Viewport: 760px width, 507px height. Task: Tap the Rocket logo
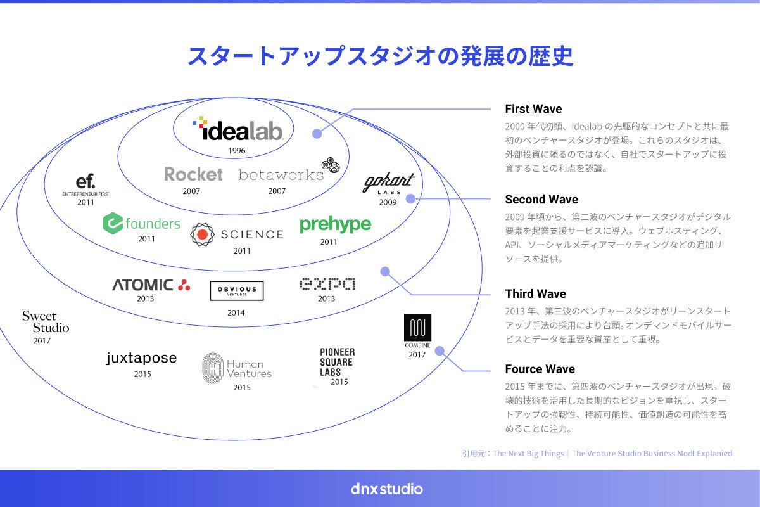pyautogui.click(x=193, y=174)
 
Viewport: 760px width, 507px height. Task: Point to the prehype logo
pyautogui.click(x=335, y=225)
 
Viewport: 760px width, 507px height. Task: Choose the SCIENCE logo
pyautogui.click(x=237, y=234)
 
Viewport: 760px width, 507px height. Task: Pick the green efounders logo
pyautogui.click(x=141, y=223)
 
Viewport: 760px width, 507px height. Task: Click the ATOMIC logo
pyautogui.click(x=151, y=285)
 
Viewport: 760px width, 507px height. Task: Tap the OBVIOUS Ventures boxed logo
pyautogui.click(x=237, y=291)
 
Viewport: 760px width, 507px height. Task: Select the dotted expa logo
pyautogui.click(x=327, y=285)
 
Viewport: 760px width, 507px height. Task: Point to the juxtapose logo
pyautogui.click(x=142, y=359)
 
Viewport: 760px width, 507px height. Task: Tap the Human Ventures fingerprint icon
pyautogui.click(x=212, y=368)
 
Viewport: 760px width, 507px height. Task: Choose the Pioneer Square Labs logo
pyautogui.click(x=337, y=361)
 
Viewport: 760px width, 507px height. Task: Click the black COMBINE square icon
pyautogui.click(x=417, y=327)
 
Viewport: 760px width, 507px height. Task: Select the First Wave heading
pyautogui.click(x=533, y=109)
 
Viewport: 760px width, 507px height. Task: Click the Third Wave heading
pyautogui.click(x=535, y=294)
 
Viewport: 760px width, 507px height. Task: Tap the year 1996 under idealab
pyautogui.click(x=237, y=151)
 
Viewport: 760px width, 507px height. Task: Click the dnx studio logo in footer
pyautogui.click(x=386, y=489)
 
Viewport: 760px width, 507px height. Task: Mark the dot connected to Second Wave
pyautogui.click(x=410, y=198)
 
